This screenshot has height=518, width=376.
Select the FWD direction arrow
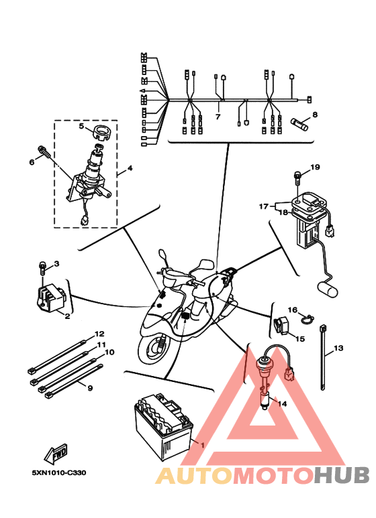pyautogui.click(x=56, y=453)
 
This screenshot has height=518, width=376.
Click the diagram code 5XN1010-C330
pyautogui.click(x=59, y=472)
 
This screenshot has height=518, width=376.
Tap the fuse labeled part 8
pyautogui.click(x=299, y=124)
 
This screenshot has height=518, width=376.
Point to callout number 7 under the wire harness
pyautogui.click(x=218, y=117)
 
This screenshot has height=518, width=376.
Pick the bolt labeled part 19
pyautogui.click(x=298, y=178)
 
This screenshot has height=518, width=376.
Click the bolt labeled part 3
pyautogui.click(x=42, y=269)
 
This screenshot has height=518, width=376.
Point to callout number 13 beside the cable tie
pyautogui.click(x=338, y=348)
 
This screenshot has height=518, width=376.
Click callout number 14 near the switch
pyautogui.click(x=282, y=403)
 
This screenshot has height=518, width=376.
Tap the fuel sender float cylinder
pyautogui.click(x=328, y=288)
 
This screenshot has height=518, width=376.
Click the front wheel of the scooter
pyautogui.click(x=155, y=349)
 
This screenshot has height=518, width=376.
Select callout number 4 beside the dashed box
pyautogui.click(x=130, y=168)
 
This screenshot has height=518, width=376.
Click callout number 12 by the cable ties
pyautogui.click(x=99, y=334)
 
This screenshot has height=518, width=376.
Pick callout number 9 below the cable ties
pyautogui.click(x=90, y=388)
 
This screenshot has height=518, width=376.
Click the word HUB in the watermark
pyautogui.click(x=341, y=476)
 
